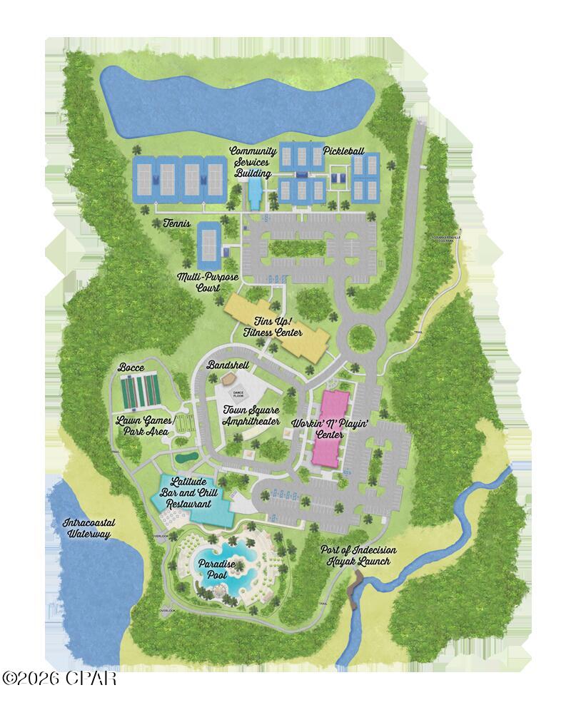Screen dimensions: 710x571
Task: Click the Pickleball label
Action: pyautogui.click(x=343, y=151)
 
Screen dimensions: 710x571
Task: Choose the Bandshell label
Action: pyautogui.click(x=226, y=365)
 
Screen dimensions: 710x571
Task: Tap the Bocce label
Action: pyautogui.click(x=132, y=367)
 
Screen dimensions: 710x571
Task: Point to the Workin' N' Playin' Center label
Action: pyautogui.click(x=330, y=429)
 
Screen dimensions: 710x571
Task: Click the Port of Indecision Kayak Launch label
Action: pyautogui.click(x=355, y=555)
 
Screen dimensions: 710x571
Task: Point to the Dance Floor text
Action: pyautogui.click(x=238, y=392)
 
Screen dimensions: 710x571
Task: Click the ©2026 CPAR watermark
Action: pyautogui.click(x=59, y=678)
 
